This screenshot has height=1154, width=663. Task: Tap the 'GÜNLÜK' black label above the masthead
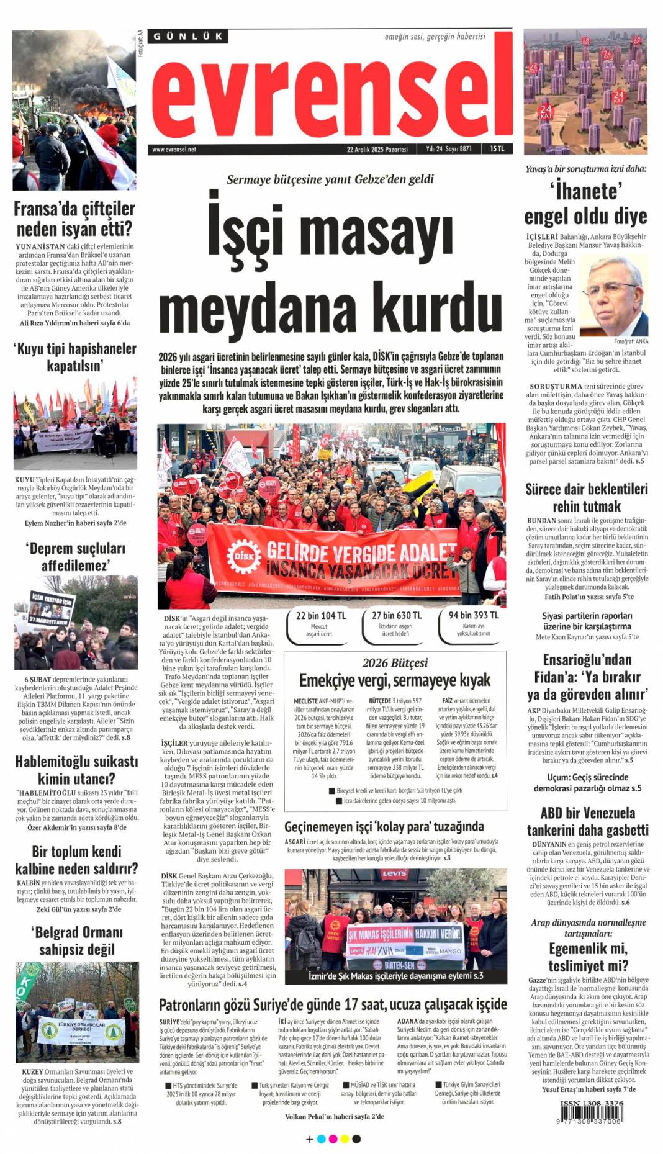[188, 37]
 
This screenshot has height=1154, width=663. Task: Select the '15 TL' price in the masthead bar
[497, 149]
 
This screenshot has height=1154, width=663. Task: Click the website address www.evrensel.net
[174, 150]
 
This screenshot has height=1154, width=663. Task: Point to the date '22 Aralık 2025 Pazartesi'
[377, 150]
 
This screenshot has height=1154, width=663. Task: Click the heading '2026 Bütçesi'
[395, 662]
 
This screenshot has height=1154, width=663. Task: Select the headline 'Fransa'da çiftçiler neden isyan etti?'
[74, 218]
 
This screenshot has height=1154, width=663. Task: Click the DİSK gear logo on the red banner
[243, 556]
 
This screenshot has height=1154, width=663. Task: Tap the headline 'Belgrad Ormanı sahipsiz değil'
[77, 940]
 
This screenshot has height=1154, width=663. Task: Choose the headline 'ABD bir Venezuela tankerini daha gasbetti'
[587, 821]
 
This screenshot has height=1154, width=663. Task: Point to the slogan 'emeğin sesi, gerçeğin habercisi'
[435, 37]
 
